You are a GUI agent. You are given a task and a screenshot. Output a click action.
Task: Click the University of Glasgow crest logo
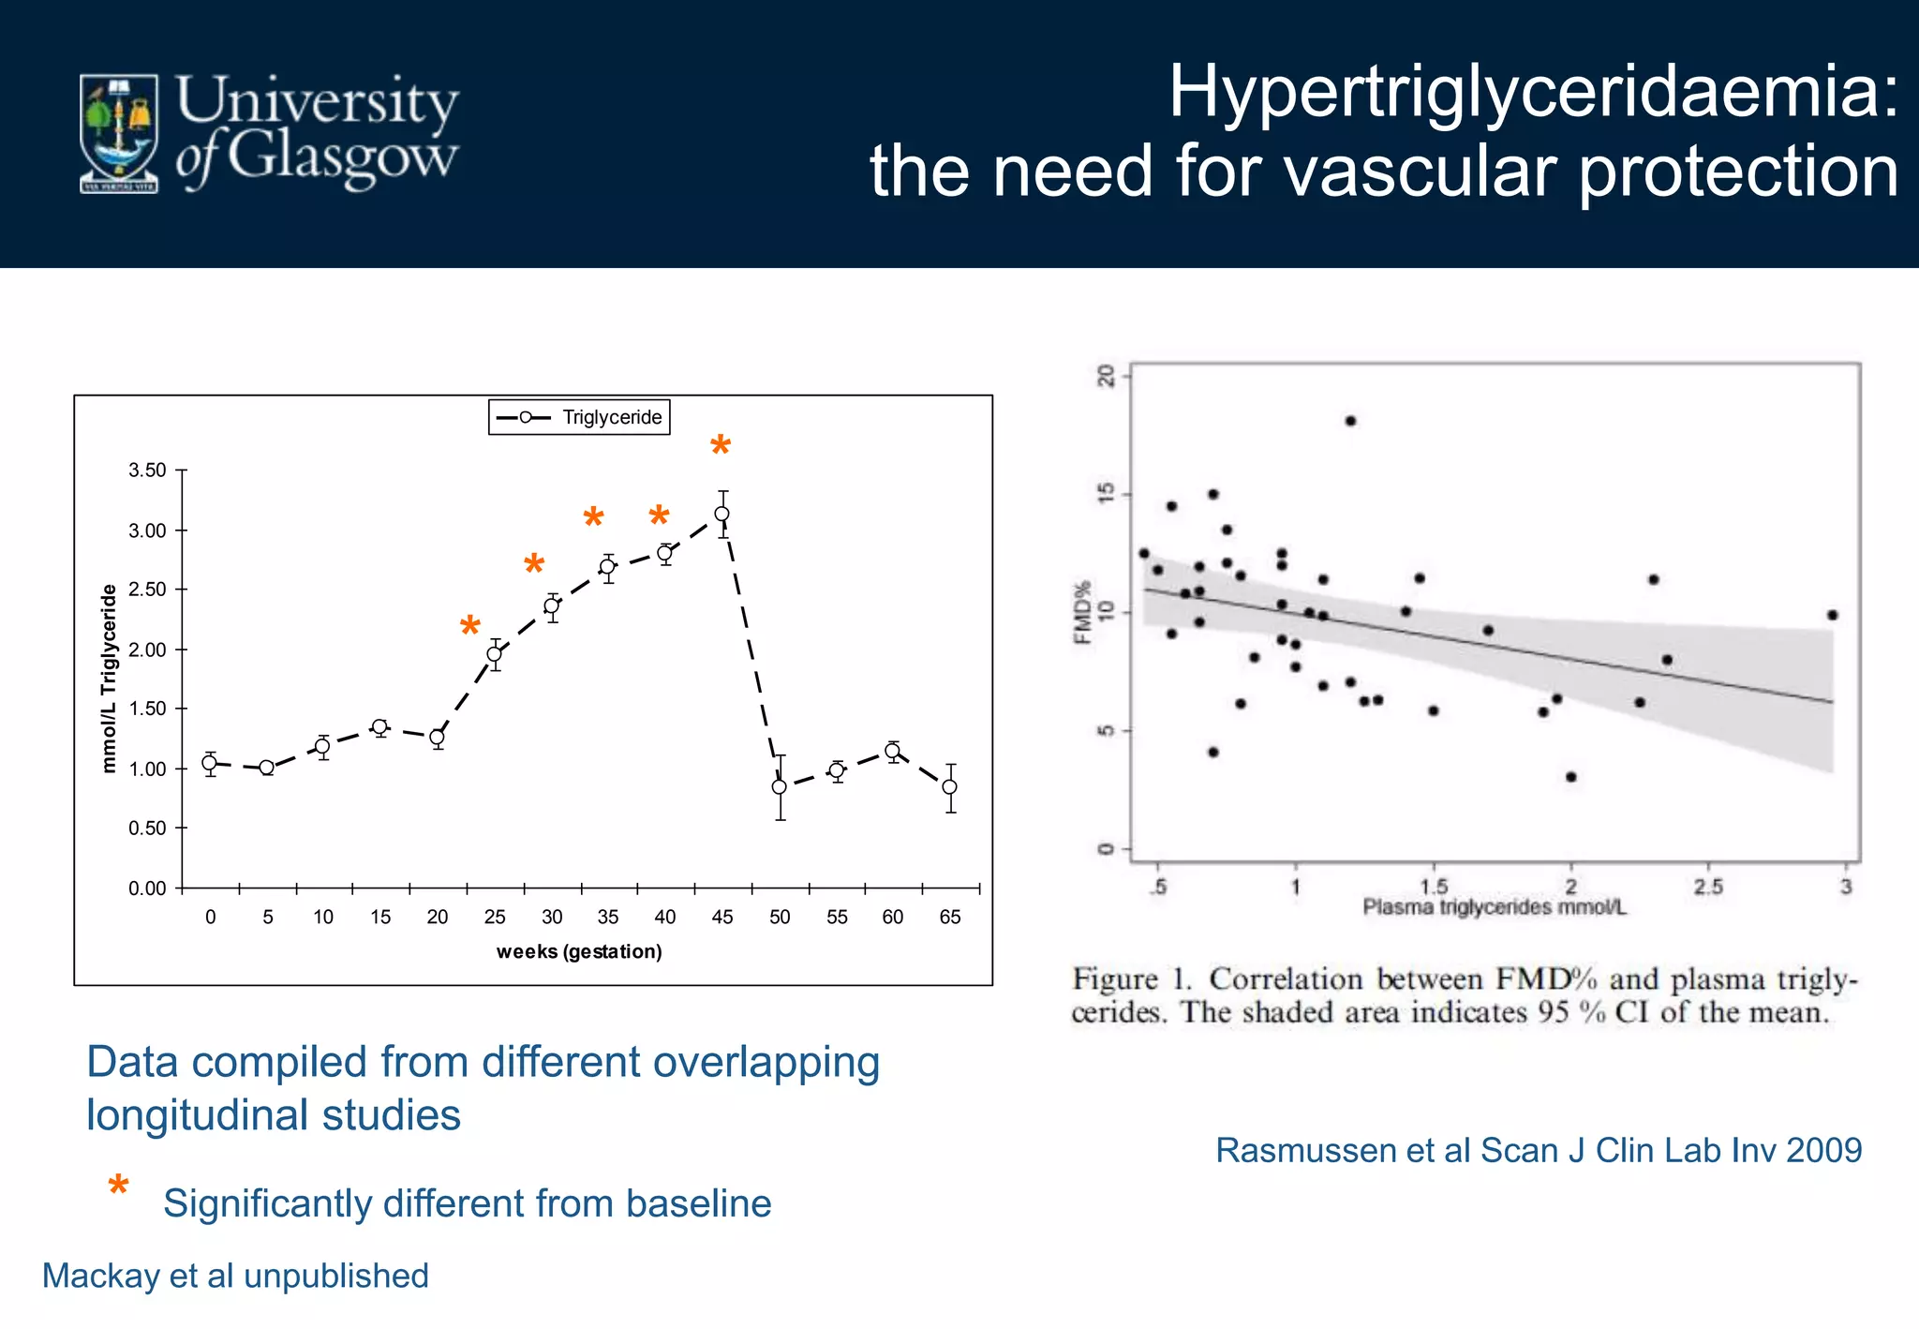tap(119, 133)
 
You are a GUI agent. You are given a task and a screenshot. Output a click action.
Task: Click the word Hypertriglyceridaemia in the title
tap(1532, 91)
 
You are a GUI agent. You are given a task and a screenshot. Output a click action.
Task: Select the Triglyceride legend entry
tap(579, 417)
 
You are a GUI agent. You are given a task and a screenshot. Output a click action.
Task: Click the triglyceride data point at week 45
tap(721, 514)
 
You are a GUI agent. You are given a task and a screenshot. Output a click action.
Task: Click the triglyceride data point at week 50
tap(780, 786)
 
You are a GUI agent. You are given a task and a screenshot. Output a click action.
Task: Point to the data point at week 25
tap(494, 654)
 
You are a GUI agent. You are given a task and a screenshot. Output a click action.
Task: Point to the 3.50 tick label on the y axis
tap(147, 470)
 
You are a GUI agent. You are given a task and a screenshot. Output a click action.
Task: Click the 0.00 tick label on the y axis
tap(147, 888)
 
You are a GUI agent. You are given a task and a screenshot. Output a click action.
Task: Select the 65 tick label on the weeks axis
tap(950, 917)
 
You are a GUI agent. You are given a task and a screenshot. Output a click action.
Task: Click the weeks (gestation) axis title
tap(579, 951)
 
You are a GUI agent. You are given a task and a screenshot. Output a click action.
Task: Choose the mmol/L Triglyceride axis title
tap(110, 678)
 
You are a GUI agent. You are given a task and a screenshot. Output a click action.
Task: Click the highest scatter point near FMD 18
tap(1350, 421)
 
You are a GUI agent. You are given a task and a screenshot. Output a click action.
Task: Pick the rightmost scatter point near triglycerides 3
tap(1832, 615)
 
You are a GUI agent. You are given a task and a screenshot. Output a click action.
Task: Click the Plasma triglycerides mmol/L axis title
tap(1494, 906)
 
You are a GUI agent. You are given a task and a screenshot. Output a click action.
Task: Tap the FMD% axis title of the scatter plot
tap(1083, 612)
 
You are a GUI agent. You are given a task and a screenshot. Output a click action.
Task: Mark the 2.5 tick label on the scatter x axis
tap(1707, 886)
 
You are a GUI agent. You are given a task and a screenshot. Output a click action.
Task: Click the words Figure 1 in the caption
tap(1131, 979)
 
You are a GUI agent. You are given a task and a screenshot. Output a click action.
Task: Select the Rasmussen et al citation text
tap(1538, 1150)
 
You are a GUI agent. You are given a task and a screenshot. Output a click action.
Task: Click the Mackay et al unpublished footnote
tap(235, 1276)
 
